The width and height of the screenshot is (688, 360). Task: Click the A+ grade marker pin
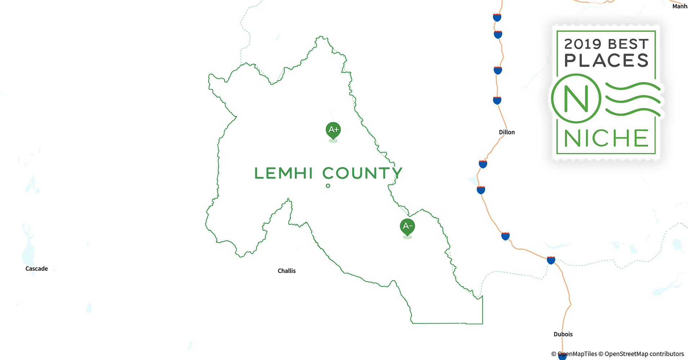coord(333,130)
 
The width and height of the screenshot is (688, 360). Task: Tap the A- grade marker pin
coord(407,226)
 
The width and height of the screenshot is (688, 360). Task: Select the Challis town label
coord(286,271)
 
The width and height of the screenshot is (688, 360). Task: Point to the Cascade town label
coord(36,269)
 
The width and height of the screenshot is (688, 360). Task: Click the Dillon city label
coord(506,132)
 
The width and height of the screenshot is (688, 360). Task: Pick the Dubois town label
coord(563,334)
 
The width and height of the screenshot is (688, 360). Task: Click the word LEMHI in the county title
coord(283,173)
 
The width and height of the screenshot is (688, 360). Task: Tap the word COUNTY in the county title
coord(362,173)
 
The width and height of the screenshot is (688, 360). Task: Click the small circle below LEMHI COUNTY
coord(328,186)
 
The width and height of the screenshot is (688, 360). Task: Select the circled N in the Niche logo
coord(576,98)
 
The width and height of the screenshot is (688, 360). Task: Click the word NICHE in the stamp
coord(606,138)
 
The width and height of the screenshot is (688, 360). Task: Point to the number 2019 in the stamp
coord(582,44)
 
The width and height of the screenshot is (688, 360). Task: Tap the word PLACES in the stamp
coord(606,60)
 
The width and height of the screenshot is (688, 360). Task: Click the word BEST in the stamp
coord(628,44)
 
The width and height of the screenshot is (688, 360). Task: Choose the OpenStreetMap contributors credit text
coord(644,354)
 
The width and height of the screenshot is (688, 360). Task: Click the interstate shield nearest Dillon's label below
coord(483,164)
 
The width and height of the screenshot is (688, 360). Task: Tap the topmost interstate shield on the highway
coord(497,17)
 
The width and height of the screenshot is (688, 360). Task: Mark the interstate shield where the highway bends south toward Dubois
coord(551,260)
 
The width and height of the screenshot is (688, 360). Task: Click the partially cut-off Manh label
coord(680,6)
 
